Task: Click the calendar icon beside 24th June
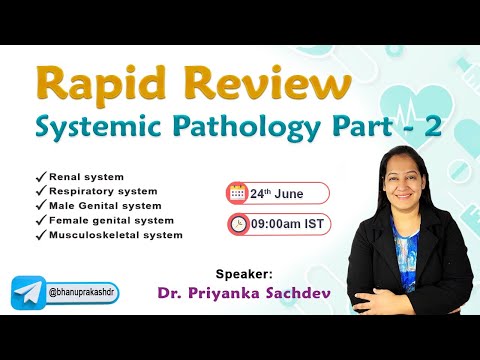[238, 192]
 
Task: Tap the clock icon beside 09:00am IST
[239, 224]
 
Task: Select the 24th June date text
[275, 193]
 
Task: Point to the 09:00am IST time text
[287, 225]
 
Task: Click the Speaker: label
[243, 272]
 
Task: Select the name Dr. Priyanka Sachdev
[228, 294]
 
